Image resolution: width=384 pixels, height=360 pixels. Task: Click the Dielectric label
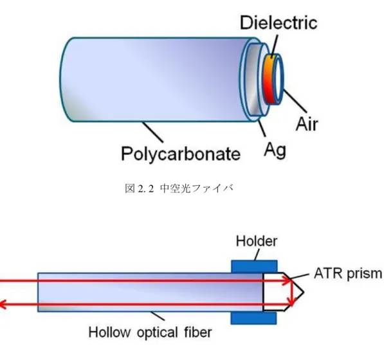tap(279, 22)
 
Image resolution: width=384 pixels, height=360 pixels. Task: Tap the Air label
tap(307, 124)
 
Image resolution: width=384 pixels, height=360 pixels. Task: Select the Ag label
tap(275, 150)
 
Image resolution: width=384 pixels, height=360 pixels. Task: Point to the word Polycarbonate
tap(181, 154)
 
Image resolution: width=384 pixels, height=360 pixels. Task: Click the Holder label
tap(257, 241)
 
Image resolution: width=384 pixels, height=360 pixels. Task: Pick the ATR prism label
tap(348, 274)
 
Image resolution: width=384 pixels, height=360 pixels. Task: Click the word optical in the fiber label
tap(157, 332)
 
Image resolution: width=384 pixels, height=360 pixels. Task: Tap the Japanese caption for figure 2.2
tap(179, 188)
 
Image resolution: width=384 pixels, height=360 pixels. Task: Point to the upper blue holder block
tap(254, 267)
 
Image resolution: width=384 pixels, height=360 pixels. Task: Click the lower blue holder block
tap(253, 318)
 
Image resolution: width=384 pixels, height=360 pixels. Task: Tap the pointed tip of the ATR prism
tap(304, 292)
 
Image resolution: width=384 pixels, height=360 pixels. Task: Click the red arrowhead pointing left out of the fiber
tap(3, 305)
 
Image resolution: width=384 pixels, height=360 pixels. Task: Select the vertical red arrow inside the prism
tap(292, 293)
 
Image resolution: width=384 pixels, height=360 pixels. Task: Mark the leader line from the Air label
tap(295, 101)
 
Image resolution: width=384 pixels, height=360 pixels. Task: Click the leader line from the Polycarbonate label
tap(152, 132)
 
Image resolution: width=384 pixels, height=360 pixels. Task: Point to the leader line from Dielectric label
tap(275, 45)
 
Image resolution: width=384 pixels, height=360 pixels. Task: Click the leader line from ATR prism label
tap(298, 276)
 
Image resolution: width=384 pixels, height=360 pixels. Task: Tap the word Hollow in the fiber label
tap(109, 332)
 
